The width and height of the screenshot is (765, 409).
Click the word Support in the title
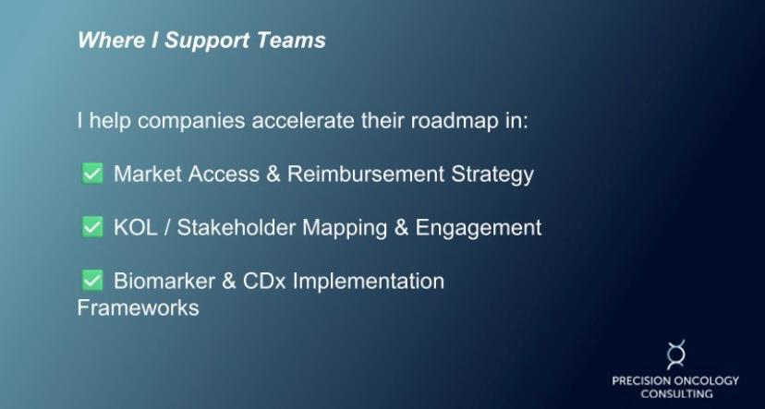point(207,41)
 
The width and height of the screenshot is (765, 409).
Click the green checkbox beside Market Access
point(92,174)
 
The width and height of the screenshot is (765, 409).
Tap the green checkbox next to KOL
point(92,227)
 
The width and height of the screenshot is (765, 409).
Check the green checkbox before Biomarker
point(92,281)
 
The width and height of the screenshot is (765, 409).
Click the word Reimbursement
point(366,174)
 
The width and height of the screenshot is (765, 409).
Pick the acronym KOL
point(136,228)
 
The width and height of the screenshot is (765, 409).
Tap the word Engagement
point(479,228)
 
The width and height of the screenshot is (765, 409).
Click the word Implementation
point(369,282)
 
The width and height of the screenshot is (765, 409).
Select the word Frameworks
point(138,307)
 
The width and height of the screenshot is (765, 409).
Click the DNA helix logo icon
point(675,355)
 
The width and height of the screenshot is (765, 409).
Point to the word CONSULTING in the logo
point(676,393)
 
